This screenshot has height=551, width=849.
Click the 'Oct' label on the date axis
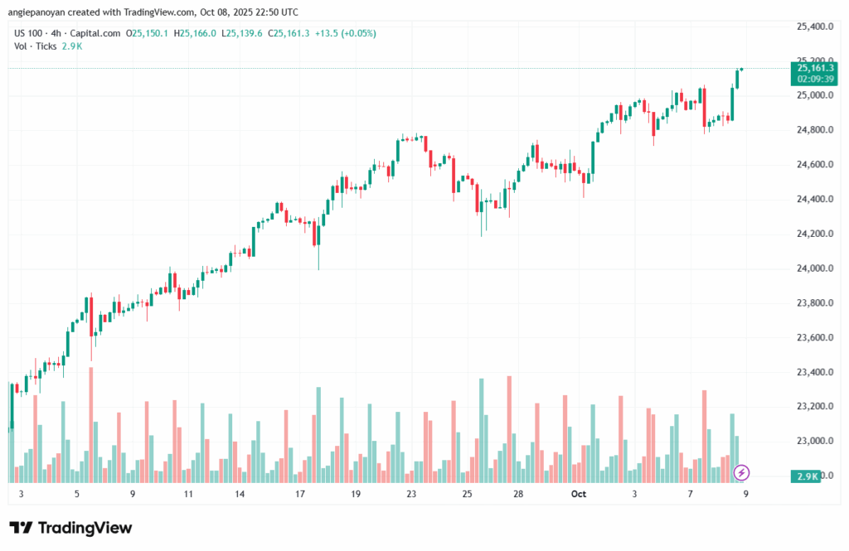(x=580, y=494)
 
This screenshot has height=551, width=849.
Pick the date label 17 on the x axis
(x=299, y=494)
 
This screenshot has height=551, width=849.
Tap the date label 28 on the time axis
(x=517, y=494)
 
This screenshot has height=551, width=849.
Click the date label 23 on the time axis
(x=410, y=494)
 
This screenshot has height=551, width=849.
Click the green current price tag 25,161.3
(x=814, y=68)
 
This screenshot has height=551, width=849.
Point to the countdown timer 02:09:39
(x=814, y=79)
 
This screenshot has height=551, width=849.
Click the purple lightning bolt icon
(x=742, y=472)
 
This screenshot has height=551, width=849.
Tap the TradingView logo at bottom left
(x=70, y=528)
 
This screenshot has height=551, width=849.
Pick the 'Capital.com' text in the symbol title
(x=95, y=33)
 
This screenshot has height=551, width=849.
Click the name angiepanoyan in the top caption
(x=38, y=12)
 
